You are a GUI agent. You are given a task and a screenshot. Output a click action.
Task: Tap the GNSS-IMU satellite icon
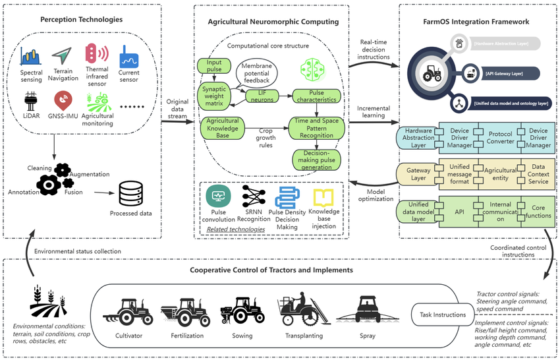[63, 100]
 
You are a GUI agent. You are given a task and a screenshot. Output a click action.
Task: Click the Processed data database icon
[130, 193]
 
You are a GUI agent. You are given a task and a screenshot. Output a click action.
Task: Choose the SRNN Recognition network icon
[253, 196]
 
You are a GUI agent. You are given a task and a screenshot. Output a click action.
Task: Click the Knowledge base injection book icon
[323, 198]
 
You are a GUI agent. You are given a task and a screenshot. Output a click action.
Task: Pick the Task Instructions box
[443, 314]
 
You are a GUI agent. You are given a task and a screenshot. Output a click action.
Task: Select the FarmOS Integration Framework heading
[476, 22]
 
